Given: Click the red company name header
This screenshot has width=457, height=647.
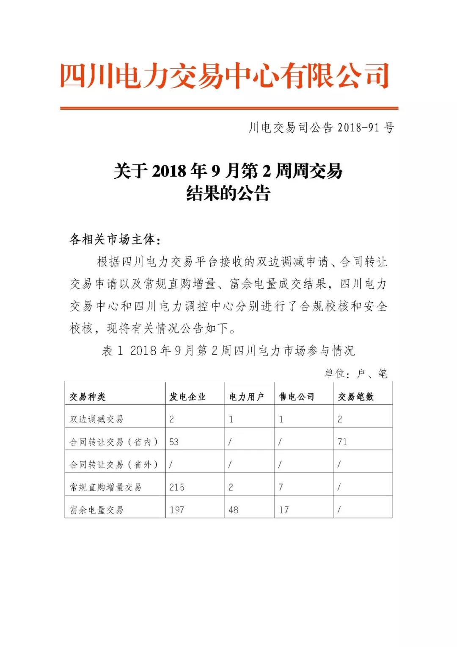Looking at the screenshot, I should pyautogui.click(x=225, y=76).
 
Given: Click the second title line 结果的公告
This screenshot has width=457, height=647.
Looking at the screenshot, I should pyautogui.click(x=228, y=194).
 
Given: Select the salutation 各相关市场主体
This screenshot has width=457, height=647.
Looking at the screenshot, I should pyautogui.click(x=115, y=239).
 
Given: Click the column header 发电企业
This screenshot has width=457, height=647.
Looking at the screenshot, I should pyautogui.click(x=187, y=397).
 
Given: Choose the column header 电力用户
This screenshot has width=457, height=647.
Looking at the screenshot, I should pyautogui.click(x=246, y=397).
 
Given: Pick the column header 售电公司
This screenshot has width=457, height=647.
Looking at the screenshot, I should pyautogui.click(x=297, y=397).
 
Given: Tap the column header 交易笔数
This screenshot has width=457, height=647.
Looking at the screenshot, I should pyautogui.click(x=356, y=397).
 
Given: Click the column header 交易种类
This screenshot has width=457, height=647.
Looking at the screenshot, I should pyautogui.click(x=88, y=397).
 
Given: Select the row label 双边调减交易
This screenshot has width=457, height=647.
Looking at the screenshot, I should pyautogui.click(x=96, y=419).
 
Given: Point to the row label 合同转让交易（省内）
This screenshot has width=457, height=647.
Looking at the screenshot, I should pyautogui.click(x=114, y=442).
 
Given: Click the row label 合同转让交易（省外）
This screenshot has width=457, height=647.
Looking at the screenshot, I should pyautogui.click(x=114, y=465).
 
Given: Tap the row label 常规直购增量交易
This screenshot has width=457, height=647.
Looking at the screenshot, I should pyautogui.click(x=106, y=487).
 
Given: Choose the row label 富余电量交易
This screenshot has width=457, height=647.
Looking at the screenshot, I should pyautogui.click(x=96, y=510).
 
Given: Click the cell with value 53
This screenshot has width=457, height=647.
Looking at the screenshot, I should pyautogui.click(x=174, y=442).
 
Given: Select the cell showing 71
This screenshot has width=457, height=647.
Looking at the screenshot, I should pyautogui.click(x=342, y=442).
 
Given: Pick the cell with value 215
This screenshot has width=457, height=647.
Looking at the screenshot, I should pyautogui.click(x=177, y=487).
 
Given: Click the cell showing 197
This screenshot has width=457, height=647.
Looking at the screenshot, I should pyautogui.click(x=177, y=510).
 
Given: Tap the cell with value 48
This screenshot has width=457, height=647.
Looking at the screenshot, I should pyautogui.click(x=233, y=510).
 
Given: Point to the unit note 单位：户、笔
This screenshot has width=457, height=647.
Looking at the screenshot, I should pyautogui.click(x=355, y=374).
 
